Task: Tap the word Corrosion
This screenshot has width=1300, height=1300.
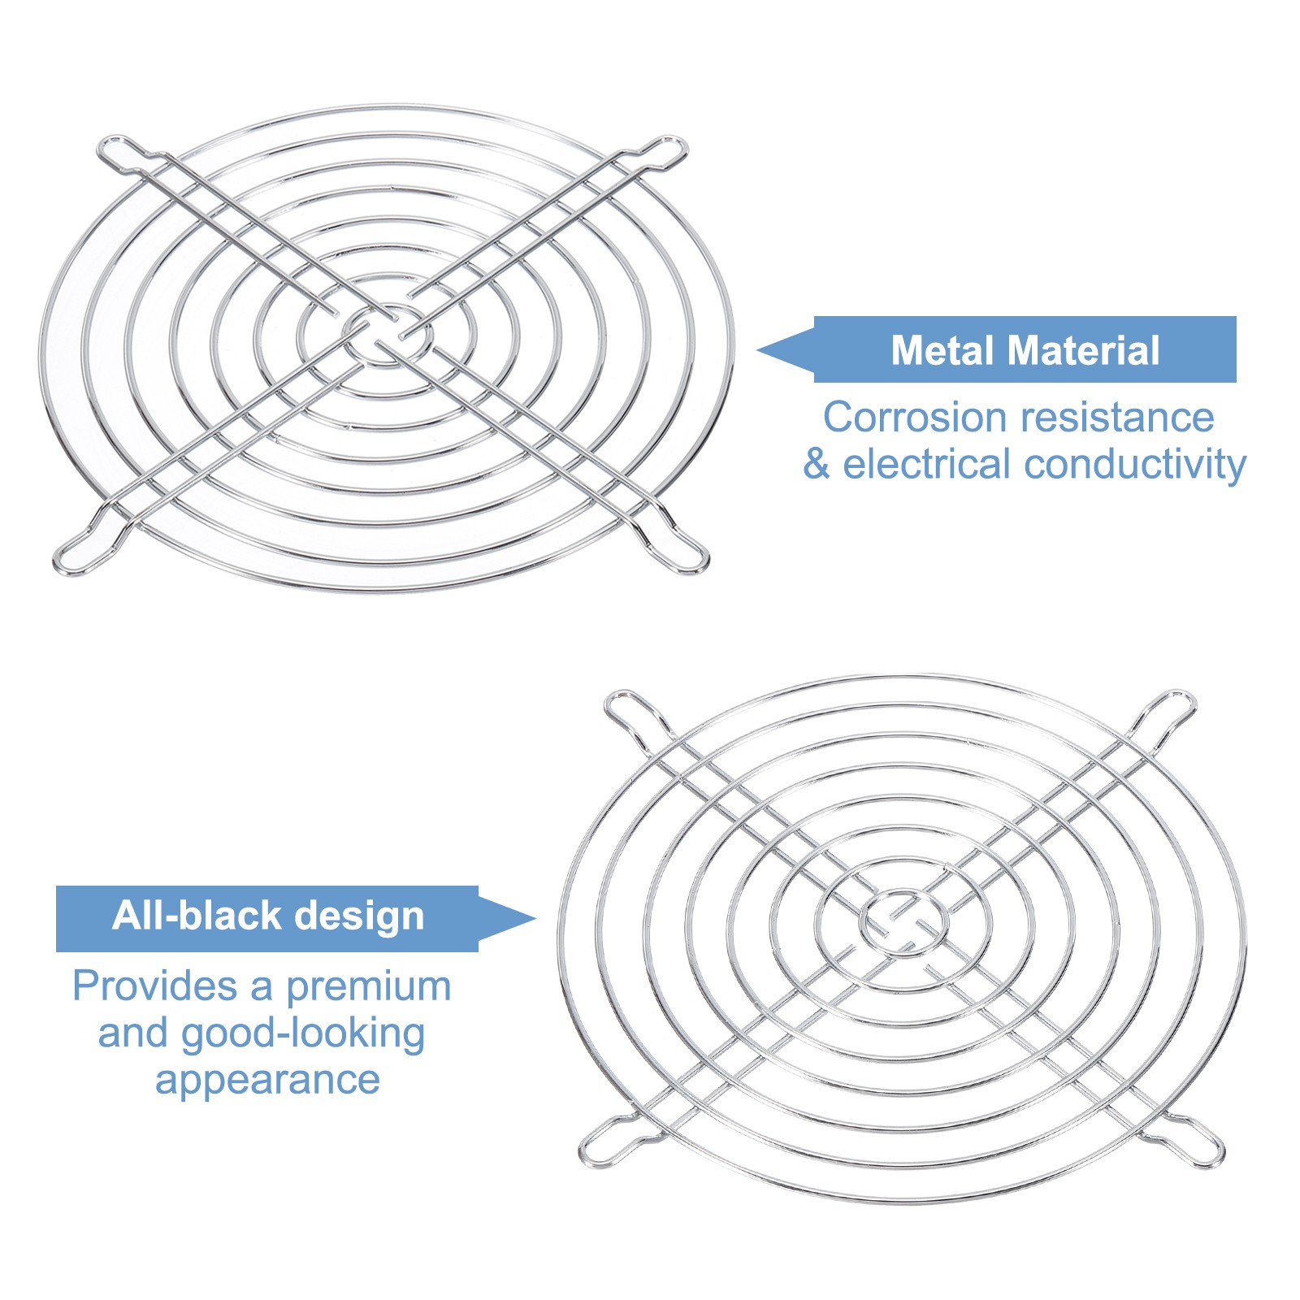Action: (915, 418)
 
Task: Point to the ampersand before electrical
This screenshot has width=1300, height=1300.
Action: (816, 465)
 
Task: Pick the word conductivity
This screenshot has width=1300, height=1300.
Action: (1135, 465)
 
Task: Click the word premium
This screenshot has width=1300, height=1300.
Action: (368, 986)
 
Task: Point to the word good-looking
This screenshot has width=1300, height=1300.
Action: (302, 1033)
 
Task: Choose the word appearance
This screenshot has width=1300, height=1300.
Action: (267, 1081)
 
